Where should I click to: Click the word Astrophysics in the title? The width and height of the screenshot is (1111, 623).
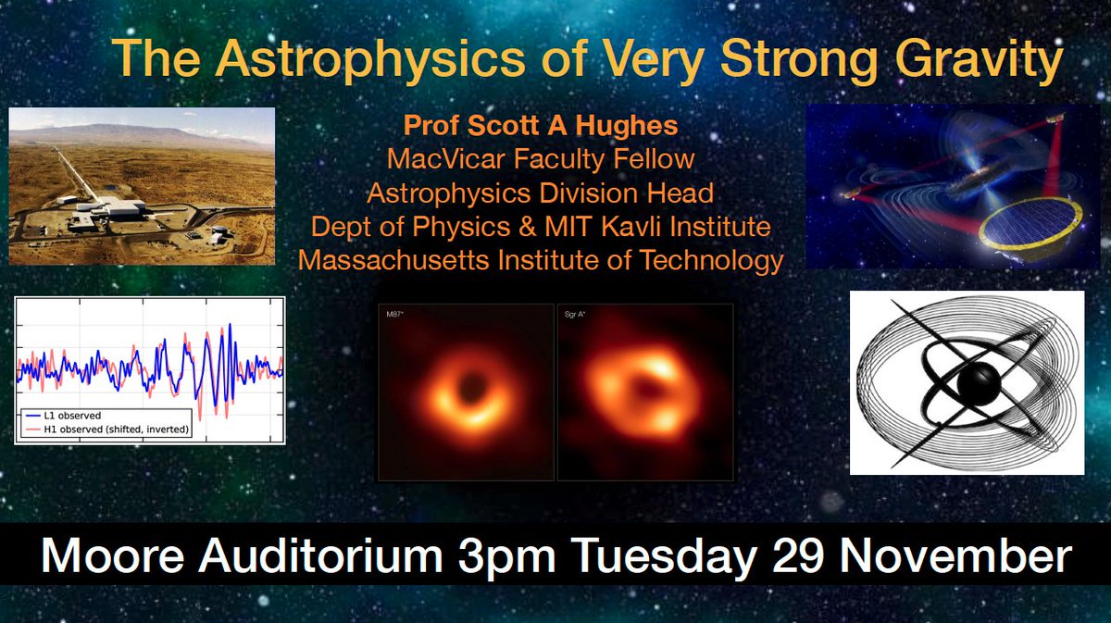[369, 59]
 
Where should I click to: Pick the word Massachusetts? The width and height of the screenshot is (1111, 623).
[393, 260]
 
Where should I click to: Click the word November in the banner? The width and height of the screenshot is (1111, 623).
[955, 556]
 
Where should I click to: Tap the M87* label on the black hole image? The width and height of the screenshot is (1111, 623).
[394, 315]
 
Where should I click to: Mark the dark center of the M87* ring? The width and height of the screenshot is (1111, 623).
[468, 387]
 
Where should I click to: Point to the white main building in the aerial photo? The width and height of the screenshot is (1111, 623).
[124, 208]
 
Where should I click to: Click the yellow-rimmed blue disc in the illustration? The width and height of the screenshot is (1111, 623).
[1030, 227]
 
